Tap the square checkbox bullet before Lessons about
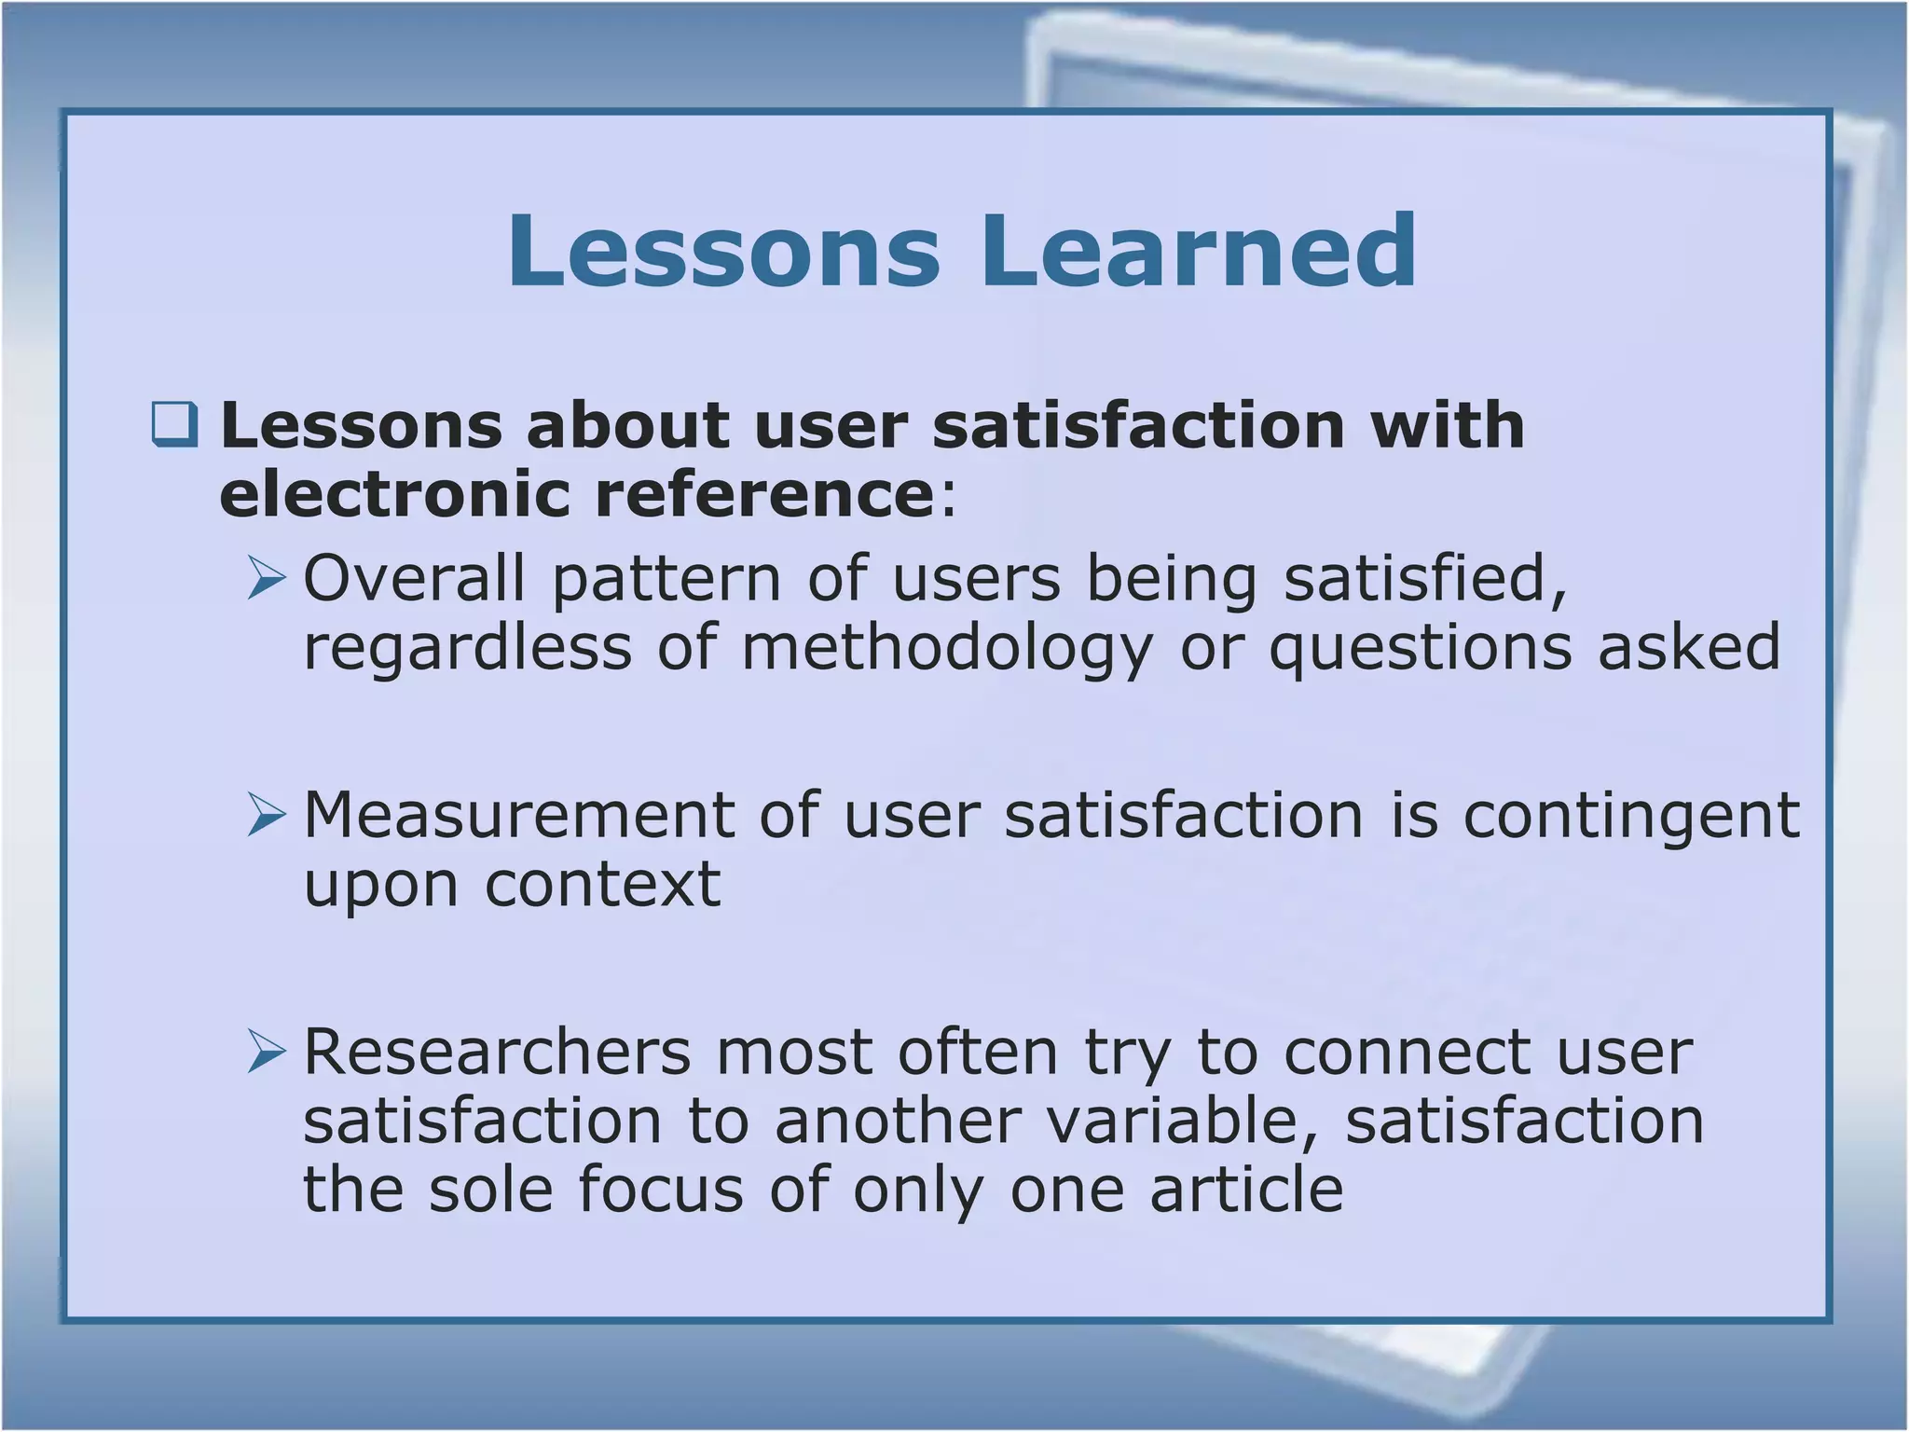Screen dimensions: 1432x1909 coord(175,424)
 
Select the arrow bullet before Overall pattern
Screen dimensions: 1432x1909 coord(267,578)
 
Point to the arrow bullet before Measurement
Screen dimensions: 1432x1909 coord(267,815)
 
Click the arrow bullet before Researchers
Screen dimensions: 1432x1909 coord(267,1053)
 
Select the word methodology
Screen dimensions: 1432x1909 coord(947,648)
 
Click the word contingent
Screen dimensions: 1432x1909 coord(1631,815)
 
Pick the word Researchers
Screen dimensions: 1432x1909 coord(497,1053)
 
